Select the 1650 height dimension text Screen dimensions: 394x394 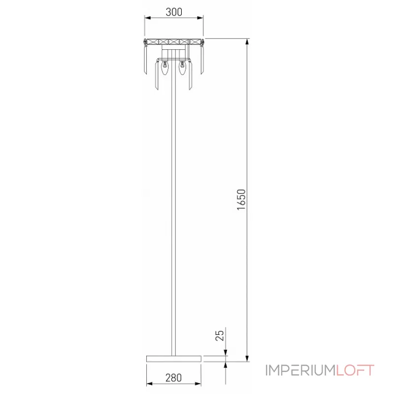tap(241, 199)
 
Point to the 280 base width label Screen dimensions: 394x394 tap(173, 378)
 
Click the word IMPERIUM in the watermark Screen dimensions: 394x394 tap(300, 370)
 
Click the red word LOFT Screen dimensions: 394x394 tap(355, 370)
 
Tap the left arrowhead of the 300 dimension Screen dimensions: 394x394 tap(147, 18)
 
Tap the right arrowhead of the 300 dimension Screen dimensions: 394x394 tap(200, 18)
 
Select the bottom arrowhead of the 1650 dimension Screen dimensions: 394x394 tap(246, 358)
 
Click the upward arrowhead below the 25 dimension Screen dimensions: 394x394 tap(226, 365)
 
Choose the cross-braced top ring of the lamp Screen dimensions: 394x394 tap(173, 42)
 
